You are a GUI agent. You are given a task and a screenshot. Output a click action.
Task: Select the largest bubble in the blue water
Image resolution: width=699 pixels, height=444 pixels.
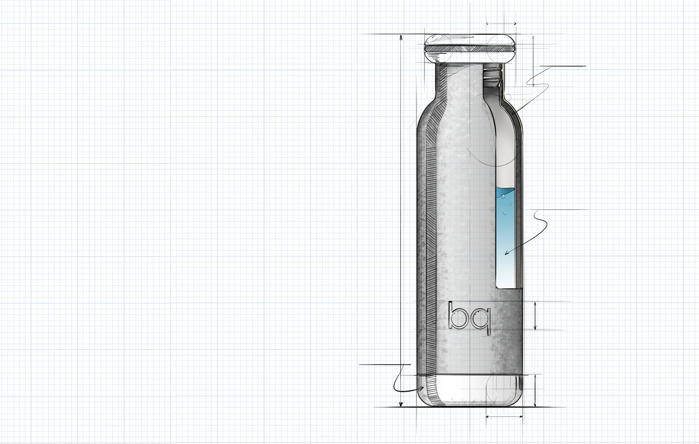pos(503,196)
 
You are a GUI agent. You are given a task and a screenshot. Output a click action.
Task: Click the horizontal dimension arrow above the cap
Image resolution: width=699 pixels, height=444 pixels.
pos(501,24)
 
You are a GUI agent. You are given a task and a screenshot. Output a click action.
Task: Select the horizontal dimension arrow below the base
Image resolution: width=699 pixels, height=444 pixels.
pos(504,417)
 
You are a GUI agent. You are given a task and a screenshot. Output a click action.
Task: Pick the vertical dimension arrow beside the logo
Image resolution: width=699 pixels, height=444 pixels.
pos(535,316)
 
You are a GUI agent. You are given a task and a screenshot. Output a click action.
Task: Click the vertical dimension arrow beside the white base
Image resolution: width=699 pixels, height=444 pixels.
pos(535,390)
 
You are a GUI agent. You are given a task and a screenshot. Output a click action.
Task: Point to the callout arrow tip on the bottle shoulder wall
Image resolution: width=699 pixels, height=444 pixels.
pos(513,113)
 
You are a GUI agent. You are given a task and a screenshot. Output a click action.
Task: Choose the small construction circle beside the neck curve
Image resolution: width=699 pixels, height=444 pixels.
pos(508,97)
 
